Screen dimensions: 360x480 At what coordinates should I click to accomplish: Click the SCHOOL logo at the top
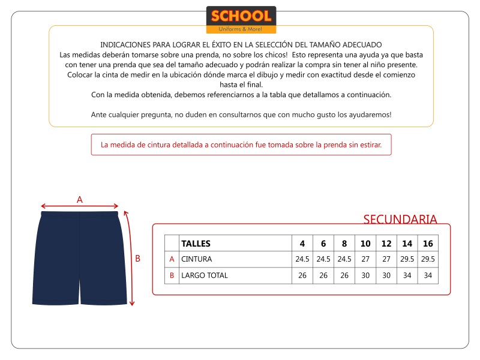coord(241,20)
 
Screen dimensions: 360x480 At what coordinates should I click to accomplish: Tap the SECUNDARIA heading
coord(400,219)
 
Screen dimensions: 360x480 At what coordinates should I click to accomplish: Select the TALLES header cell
coord(196,244)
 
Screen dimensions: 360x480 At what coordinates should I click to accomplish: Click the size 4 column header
coord(302,244)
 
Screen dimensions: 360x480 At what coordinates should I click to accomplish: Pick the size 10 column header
coord(365,244)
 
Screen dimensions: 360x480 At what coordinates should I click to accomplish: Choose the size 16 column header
coord(428,244)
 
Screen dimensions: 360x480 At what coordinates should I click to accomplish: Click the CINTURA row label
coord(197,259)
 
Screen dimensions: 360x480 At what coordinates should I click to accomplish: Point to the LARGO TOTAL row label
coord(205,275)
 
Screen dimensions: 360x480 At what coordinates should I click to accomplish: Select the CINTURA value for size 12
coord(386,259)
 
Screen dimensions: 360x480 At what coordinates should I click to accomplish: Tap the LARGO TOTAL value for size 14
coord(407,275)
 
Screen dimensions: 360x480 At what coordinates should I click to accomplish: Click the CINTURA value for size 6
coord(323,259)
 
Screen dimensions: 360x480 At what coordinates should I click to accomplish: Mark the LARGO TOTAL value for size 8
coord(344,275)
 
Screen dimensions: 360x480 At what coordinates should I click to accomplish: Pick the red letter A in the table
coord(172,259)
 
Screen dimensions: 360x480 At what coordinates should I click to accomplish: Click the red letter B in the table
coord(172,275)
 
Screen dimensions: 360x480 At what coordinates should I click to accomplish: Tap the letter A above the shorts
coord(80,199)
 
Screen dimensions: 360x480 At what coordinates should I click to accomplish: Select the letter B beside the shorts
coord(137,259)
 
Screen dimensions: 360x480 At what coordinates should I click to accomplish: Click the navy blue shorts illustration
coord(80,258)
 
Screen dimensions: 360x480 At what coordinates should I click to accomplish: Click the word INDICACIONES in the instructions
coord(123,45)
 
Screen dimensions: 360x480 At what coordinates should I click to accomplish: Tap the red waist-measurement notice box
coord(241,145)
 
